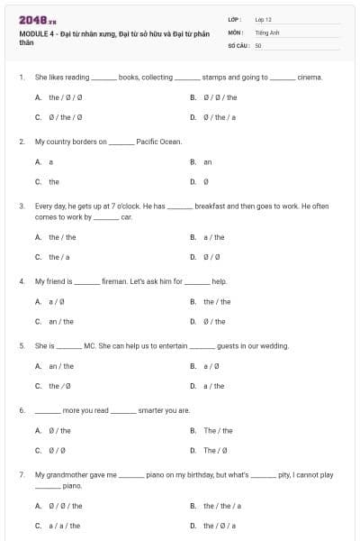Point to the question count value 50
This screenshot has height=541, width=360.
tap(258, 44)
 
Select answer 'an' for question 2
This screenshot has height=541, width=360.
tap(208, 161)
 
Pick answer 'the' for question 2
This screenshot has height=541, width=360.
tap(54, 181)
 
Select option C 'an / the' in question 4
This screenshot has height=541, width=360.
tap(61, 321)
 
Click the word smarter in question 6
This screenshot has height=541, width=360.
tap(151, 410)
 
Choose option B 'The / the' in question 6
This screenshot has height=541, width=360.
tap(218, 430)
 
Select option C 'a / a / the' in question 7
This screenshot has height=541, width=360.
tap(64, 525)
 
